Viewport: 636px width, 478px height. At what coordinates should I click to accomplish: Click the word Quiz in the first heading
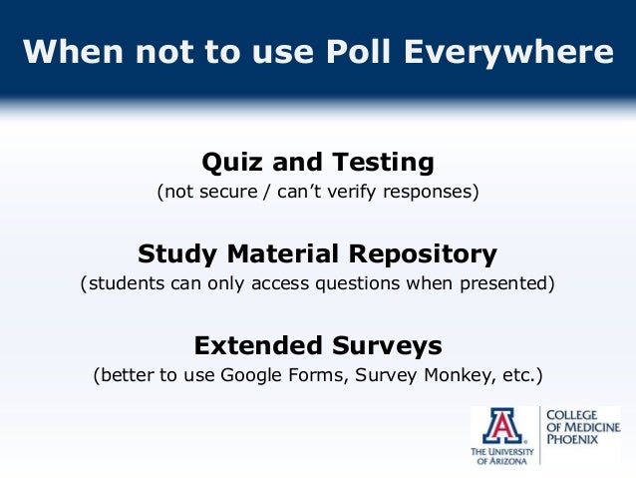pyautogui.click(x=231, y=162)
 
